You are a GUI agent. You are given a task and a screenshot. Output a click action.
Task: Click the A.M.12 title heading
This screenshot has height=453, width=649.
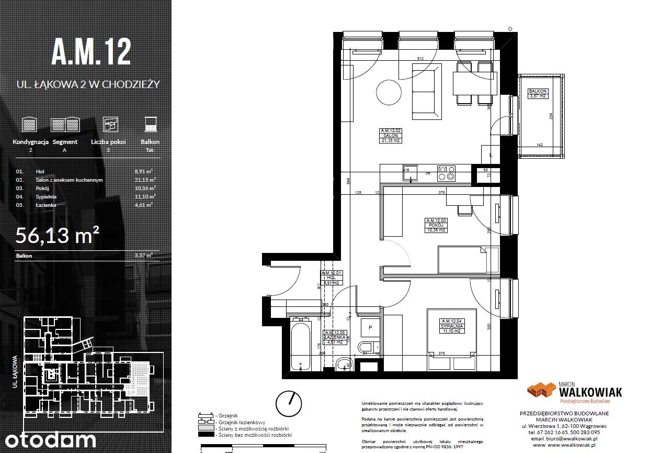91,52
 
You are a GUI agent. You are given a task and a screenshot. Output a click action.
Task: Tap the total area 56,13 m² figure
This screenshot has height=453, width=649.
58,236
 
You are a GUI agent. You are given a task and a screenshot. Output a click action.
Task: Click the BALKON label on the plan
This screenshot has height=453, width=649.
538,91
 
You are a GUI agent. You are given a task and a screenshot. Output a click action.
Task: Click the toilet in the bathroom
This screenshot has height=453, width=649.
366,347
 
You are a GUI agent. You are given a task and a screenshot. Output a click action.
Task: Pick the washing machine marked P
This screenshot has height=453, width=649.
370,327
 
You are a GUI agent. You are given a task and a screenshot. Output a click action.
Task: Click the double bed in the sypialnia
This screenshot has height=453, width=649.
451,340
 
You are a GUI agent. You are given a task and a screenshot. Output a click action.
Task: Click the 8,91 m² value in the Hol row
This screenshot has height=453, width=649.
143,171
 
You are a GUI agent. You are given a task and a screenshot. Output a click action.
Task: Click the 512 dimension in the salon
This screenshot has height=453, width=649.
420,58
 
